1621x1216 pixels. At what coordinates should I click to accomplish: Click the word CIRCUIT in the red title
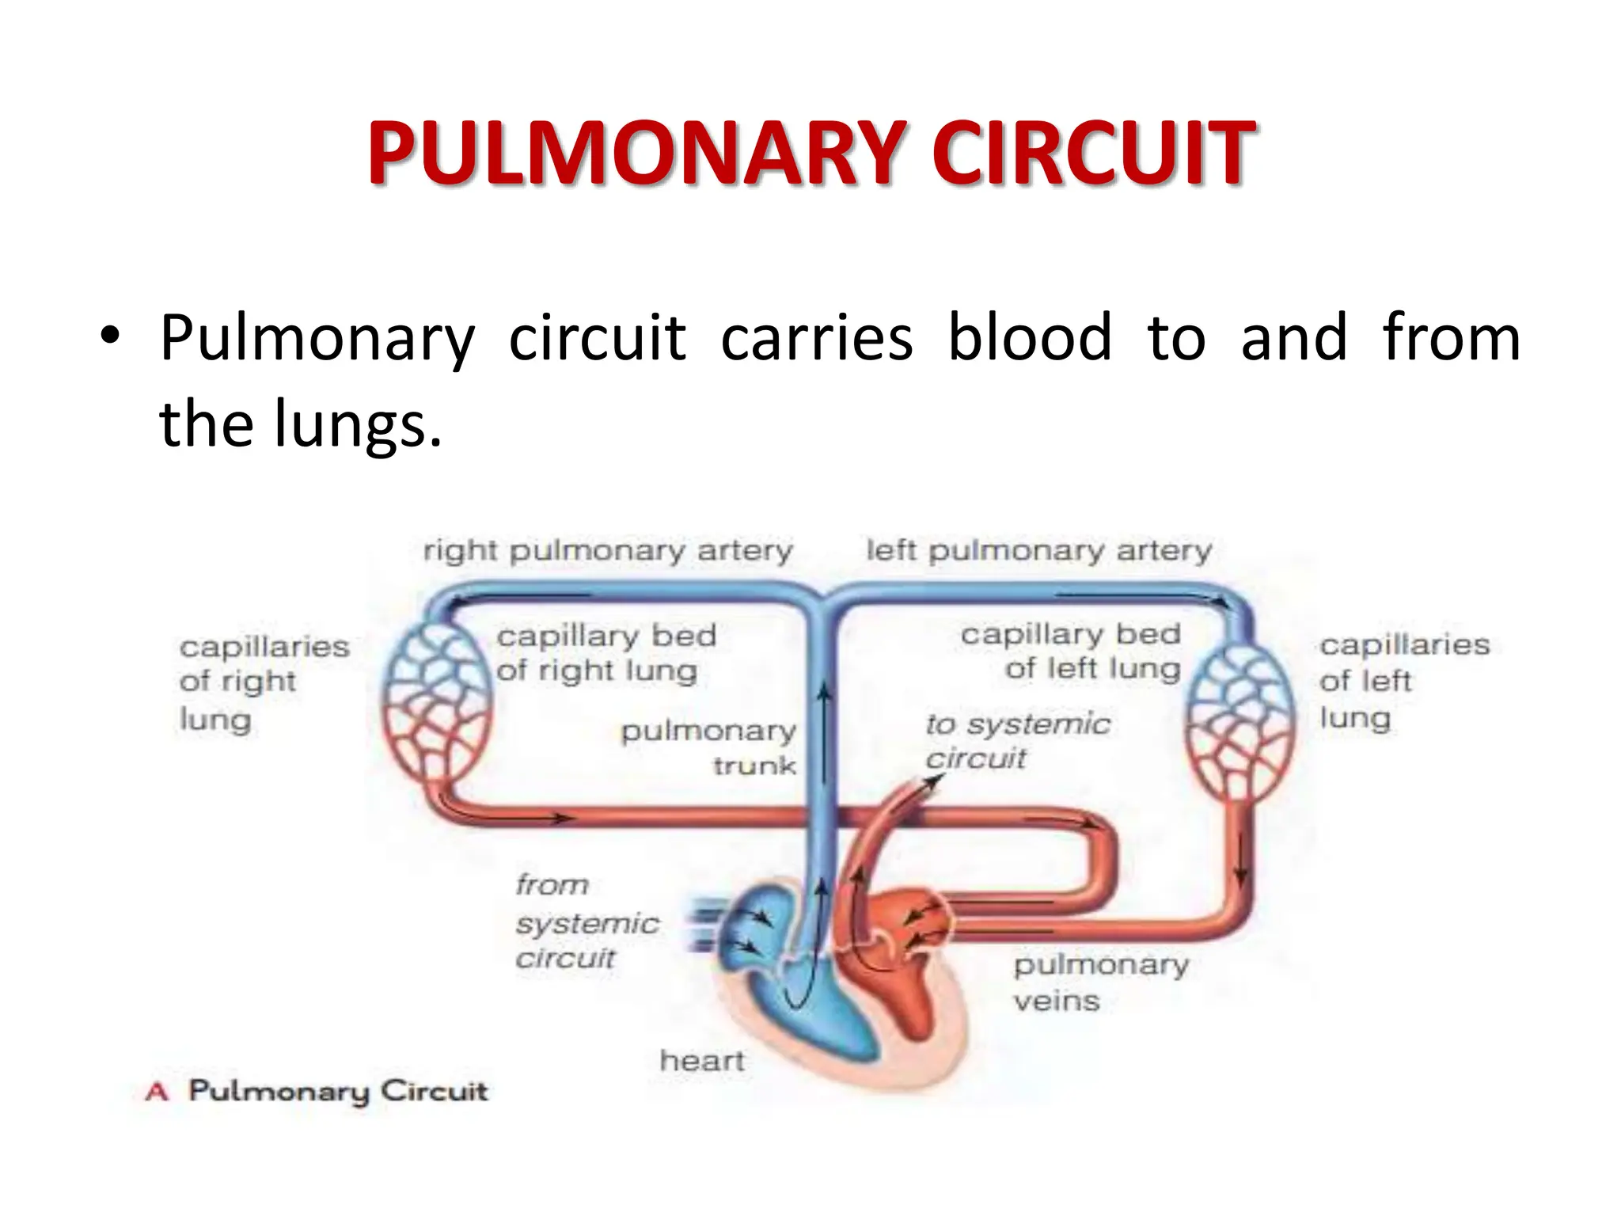(x=1093, y=154)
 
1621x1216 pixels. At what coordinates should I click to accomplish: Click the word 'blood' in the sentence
(x=1030, y=338)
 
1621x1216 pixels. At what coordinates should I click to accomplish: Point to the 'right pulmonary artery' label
(x=607, y=551)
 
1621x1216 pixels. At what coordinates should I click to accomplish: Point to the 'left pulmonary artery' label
(x=1038, y=551)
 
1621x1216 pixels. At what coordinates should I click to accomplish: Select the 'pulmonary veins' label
(x=1100, y=982)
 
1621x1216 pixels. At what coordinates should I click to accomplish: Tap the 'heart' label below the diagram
(x=702, y=1061)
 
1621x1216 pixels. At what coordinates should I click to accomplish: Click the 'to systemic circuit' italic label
(x=1017, y=741)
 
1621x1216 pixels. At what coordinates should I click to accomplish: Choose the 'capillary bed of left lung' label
(x=1071, y=652)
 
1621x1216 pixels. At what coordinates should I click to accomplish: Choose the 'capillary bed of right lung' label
(x=606, y=653)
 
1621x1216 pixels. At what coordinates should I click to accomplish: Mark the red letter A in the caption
(x=157, y=1092)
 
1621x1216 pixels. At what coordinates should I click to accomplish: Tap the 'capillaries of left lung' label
(x=1403, y=682)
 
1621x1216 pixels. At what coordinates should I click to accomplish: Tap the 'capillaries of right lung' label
(x=264, y=683)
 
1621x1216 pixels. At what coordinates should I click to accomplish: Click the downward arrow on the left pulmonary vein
(x=1240, y=859)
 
